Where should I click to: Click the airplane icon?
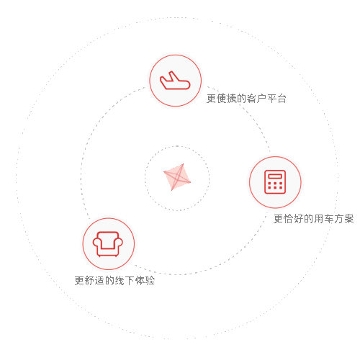(x=175, y=81)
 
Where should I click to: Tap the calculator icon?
(x=275, y=182)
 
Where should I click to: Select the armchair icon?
(x=108, y=244)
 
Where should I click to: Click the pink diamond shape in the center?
(x=177, y=177)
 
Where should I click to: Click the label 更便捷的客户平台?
(x=246, y=99)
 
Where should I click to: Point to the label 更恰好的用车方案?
(x=314, y=219)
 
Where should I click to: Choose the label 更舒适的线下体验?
(x=114, y=280)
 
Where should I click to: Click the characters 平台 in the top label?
(x=276, y=99)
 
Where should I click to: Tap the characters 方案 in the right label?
(x=344, y=219)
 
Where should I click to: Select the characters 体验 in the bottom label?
(x=145, y=280)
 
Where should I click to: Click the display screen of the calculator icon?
(x=275, y=176)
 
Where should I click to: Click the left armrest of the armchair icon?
(x=96, y=243)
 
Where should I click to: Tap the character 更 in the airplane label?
(x=212, y=99)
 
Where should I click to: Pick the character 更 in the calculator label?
(x=279, y=219)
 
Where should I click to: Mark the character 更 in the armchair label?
(x=79, y=280)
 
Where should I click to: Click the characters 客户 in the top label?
(x=256, y=99)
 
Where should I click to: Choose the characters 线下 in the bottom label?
(x=125, y=280)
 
